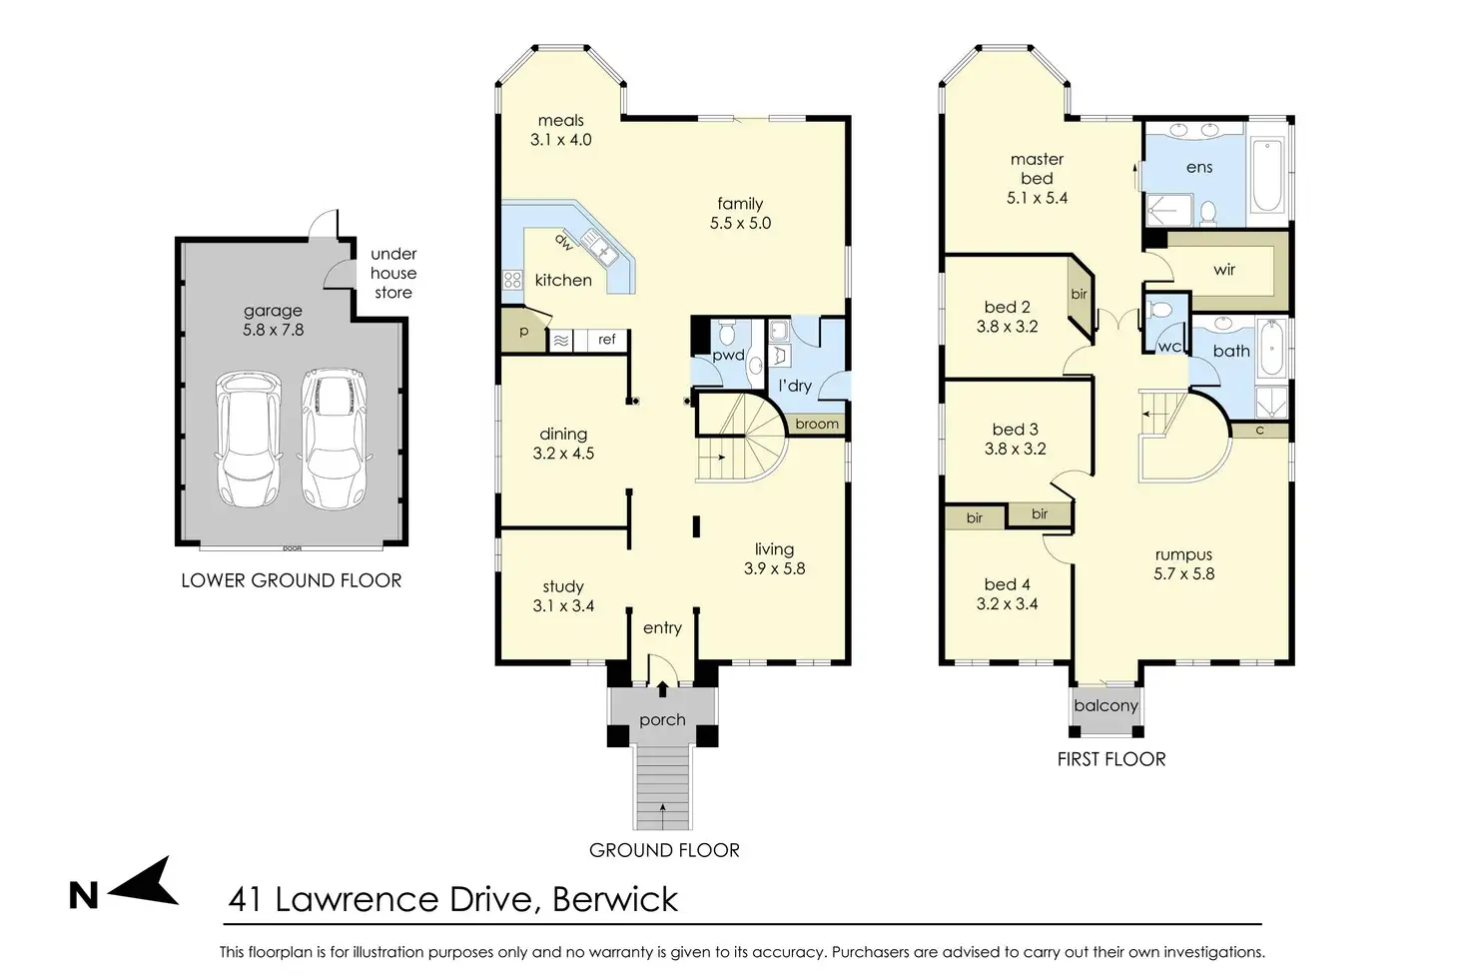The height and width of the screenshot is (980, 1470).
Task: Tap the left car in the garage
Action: tap(248, 439)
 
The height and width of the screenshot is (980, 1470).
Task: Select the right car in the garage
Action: tap(334, 439)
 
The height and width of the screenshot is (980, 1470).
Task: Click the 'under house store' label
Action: tap(393, 273)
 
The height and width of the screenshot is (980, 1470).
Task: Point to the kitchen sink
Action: tap(597, 247)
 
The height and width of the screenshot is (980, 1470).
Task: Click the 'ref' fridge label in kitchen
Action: tap(606, 340)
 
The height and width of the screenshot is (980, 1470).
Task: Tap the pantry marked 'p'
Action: tap(523, 331)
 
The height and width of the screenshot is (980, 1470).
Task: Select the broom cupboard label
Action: tap(817, 424)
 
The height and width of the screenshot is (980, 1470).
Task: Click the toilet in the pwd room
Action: tap(726, 334)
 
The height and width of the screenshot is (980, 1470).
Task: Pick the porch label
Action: tap(662, 720)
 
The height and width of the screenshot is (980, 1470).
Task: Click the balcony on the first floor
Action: tap(1105, 707)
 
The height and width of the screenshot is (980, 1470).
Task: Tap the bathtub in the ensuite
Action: tap(1267, 175)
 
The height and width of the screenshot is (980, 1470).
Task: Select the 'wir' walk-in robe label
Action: tap(1224, 270)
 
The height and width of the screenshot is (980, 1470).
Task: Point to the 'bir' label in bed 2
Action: tap(1079, 294)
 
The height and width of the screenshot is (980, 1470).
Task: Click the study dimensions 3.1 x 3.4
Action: tap(563, 605)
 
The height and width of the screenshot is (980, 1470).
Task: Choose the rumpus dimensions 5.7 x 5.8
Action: tap(1183, 573)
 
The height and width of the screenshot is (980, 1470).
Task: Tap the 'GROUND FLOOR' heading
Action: tap(664, 850)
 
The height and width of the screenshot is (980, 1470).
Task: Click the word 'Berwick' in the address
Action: tap(615, 899)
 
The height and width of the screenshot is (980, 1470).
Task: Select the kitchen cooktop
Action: tap(512, 281)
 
